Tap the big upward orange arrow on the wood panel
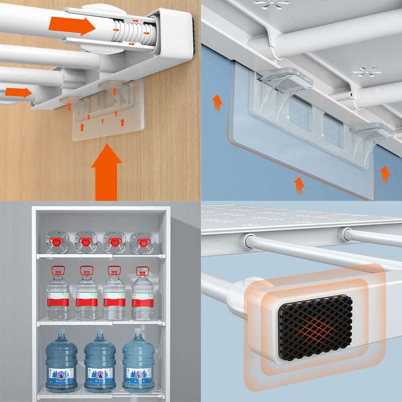pos(106,171)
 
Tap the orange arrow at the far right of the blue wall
pos(385,173)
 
